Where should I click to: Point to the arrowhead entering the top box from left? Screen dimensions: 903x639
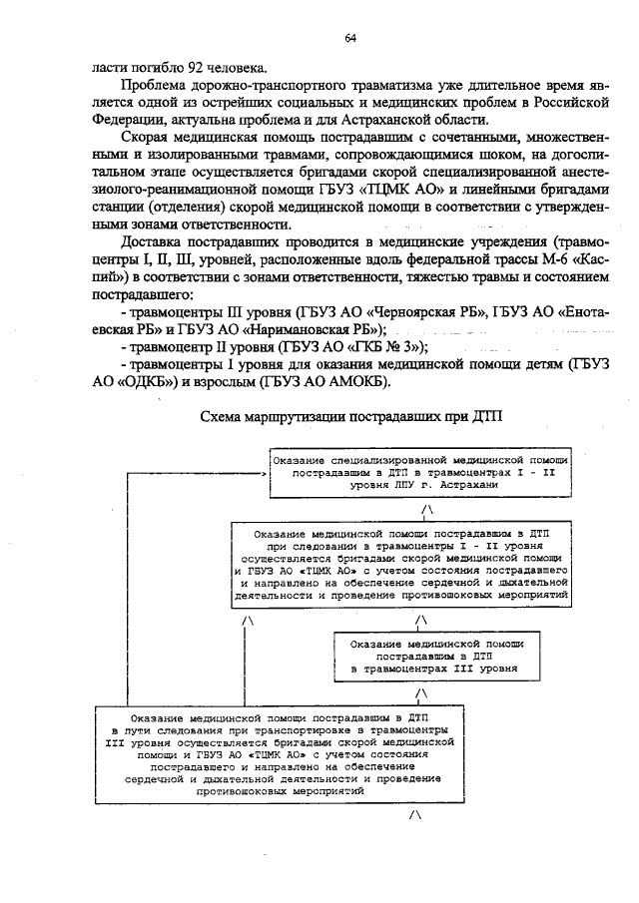point(263,473)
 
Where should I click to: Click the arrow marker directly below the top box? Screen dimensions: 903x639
point(428,509)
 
